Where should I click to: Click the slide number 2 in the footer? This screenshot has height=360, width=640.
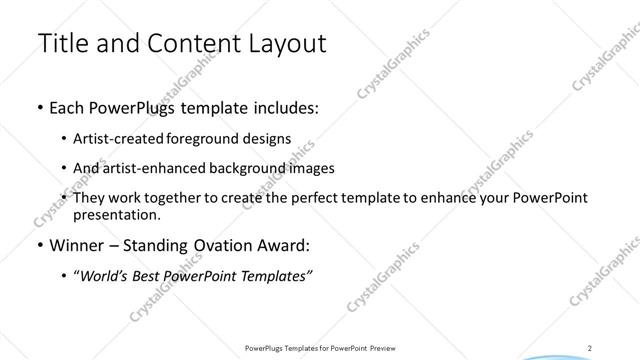(x=592, y=348)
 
